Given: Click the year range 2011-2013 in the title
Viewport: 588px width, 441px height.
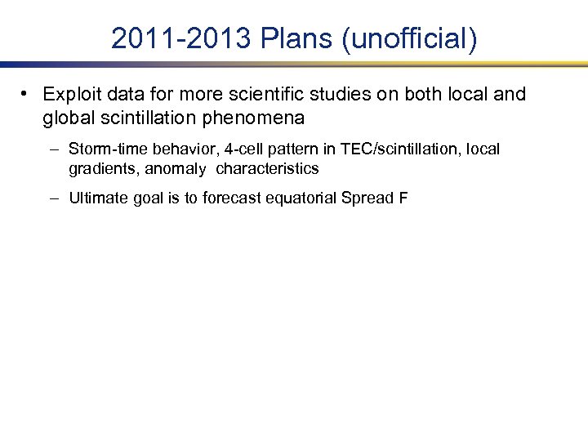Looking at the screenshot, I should coord(180,38).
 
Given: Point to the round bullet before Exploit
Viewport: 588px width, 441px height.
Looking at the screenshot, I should coord(27,94).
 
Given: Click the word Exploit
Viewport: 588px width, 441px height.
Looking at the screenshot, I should coord(71,95).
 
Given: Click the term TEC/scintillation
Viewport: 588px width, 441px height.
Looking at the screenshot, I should coord(391,149).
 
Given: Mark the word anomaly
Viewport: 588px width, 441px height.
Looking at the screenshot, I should coord(176,169).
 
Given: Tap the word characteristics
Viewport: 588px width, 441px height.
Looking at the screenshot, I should coord(267,169).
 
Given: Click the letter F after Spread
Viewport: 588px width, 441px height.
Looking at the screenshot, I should coord(403,198).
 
